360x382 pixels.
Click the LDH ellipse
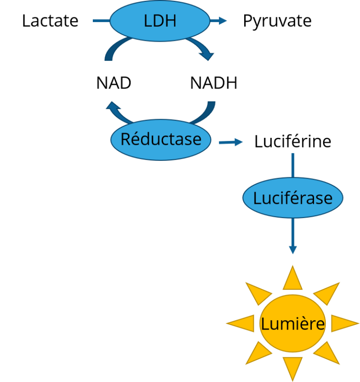[x=159, y=21]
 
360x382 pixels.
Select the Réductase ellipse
[x=160, y=140]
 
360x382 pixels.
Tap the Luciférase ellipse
[x=292, y=198]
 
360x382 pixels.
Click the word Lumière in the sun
[x=292, y=324]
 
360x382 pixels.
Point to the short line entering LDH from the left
[x=101, y=21]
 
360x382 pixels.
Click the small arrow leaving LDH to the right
[x=218, y=21]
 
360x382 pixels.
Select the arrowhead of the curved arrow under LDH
[x=206, y=55]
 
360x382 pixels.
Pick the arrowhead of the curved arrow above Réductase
[x=112, y=107]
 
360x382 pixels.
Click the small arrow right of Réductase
[x=231, y=142]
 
